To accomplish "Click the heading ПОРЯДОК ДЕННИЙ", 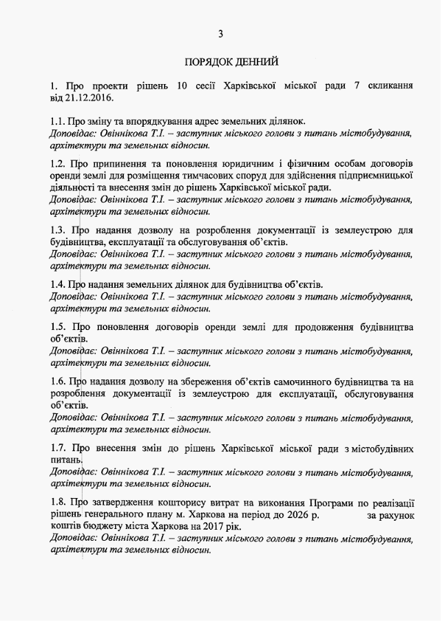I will tap(231, 62).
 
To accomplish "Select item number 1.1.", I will tap(59, 121).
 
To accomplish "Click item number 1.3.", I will tap(59, 230).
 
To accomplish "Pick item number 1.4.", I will tap(59, 284).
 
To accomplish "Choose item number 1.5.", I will tap(59, 327).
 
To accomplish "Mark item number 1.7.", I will tap(59, 448).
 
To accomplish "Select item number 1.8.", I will tap(59, 502).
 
